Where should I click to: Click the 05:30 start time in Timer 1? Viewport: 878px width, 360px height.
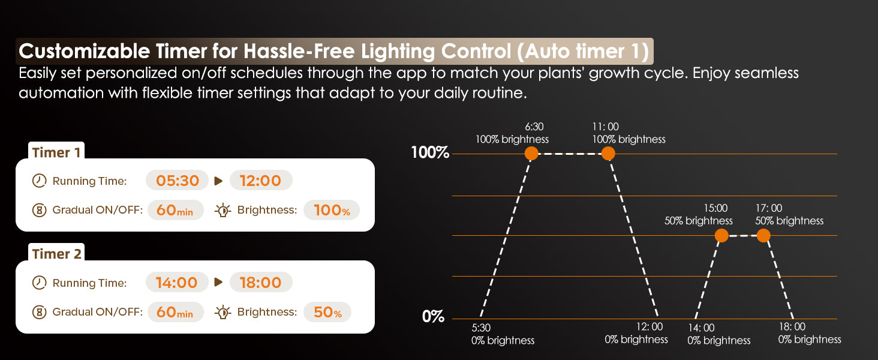click(x=177, y=181)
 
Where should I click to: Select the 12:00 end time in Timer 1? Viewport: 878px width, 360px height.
click(x=261, y=181)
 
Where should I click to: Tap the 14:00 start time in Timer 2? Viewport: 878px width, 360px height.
click(x=177, y=283)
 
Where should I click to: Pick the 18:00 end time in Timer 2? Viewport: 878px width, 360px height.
click(x=261, y=283)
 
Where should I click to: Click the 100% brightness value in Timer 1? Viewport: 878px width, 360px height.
click(x=332, y=210)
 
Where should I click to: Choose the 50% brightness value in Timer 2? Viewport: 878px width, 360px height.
click(x=327, y=312)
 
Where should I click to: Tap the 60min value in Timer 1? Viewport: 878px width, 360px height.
click(x=175, y=210)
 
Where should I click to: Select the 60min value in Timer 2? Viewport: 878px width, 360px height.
click(x=175, y=312)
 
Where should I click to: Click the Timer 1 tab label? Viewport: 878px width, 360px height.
click(x=56, y=152)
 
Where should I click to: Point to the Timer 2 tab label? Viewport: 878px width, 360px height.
click(x=56, y=254)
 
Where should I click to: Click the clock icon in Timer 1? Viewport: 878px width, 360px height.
click(x=39, y=181)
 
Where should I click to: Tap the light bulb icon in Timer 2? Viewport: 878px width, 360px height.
click(x=223, y=312)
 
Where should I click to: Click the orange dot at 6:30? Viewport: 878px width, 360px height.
click(x=531, y=154)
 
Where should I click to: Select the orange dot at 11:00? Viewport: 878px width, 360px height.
click(x=608, y=154)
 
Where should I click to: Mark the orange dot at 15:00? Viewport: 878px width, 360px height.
click(x=721, y=236)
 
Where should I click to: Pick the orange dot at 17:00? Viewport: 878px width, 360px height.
click(x=763, y=236)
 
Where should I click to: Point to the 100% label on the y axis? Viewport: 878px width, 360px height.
click(x=430, y=152)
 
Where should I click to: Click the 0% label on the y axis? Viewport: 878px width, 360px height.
click(x=433, y=316)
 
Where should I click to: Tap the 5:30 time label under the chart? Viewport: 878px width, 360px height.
click(x=481, y=328)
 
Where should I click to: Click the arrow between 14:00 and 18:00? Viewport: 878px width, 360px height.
click(x=218, y=282)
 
